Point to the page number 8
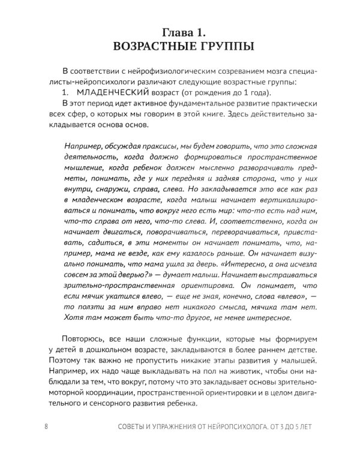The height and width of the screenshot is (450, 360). (x=46, y=427)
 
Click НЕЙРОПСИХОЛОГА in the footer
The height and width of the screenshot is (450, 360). (x=237, y=427)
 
